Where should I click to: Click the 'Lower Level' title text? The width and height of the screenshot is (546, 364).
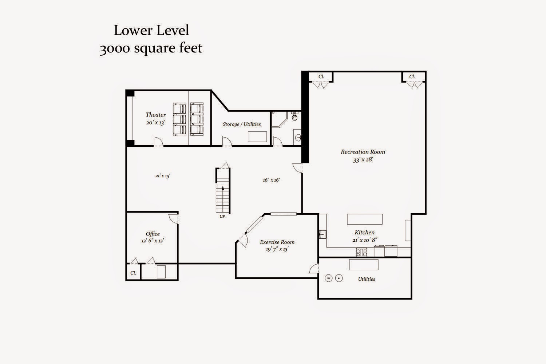tap(151, 31)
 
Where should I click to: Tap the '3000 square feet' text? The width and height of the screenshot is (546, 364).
tap(151, 48)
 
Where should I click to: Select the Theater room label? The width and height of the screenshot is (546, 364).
tap(155, 115)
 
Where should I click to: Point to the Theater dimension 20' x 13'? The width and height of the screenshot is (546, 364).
tap(155, 122)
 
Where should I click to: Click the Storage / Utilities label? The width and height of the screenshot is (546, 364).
tap(242, 124)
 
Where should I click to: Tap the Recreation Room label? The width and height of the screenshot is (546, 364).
tap(363, 152)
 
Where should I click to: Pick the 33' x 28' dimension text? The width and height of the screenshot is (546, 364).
tap(363, 160)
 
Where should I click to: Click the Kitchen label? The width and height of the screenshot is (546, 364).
tap(364, 232)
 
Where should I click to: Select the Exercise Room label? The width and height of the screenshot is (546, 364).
tap(277, 242)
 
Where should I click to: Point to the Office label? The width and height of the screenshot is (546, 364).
tap(153, 234)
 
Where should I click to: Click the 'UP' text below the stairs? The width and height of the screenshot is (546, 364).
tap(222, 216)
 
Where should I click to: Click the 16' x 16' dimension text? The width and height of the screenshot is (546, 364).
tap(271, 180)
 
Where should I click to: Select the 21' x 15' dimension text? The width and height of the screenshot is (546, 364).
tap(163, 175)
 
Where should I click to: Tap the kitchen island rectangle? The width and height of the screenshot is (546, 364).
tap(365, 219)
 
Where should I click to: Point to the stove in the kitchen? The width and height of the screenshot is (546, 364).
tap(361, 252)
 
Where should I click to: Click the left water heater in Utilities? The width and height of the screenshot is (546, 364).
tap(329, 278)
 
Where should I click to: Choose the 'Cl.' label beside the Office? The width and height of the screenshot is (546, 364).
tap(133, 273)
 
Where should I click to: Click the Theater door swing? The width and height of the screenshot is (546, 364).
tap(158, 142)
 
